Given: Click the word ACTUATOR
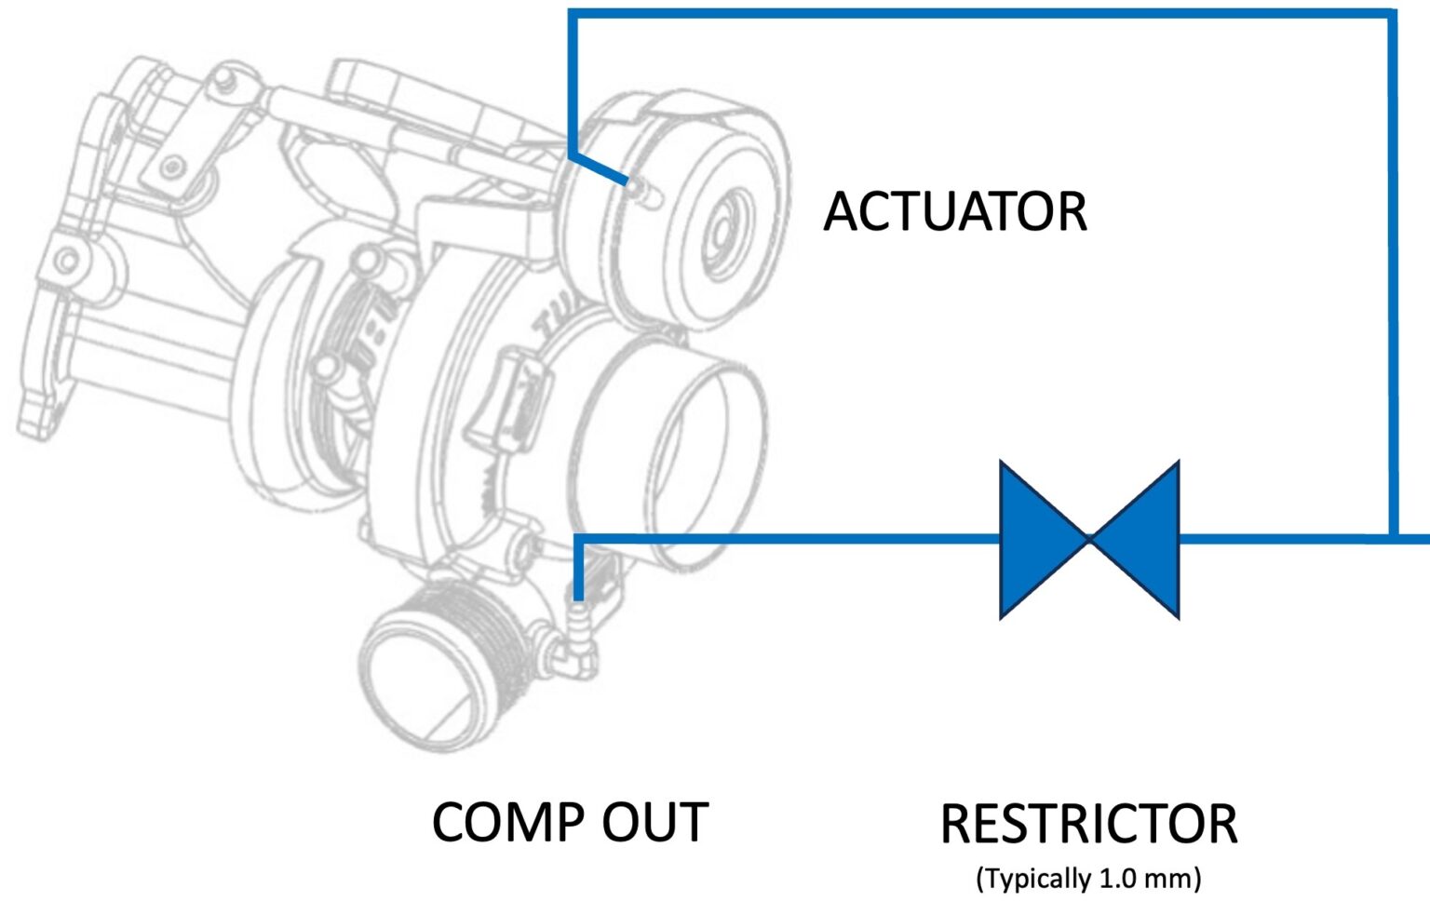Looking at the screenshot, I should click(x=955, y=212).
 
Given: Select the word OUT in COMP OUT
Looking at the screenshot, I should click(x=655, y=823).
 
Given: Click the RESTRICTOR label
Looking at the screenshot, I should click(x=1088, y=824).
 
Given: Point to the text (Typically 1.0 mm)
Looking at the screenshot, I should click(x=1088, y=878).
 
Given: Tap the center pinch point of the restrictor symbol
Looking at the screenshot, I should click(x=1089, y=539).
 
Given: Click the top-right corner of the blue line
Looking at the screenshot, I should click(x=1393, y=14).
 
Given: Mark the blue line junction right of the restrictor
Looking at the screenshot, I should click(x=1393, y=538).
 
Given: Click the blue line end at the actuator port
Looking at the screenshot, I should click(x=627, y=181).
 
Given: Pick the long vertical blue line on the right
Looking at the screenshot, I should click(x=1393, y=279).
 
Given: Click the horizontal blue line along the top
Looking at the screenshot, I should click(x=978, y=14).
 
